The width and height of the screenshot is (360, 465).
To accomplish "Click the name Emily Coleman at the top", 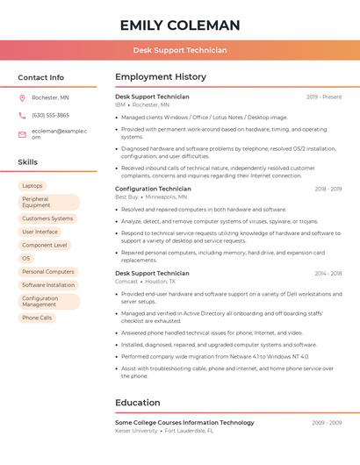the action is click(180, 25).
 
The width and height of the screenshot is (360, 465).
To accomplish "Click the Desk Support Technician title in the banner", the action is click(180, 50).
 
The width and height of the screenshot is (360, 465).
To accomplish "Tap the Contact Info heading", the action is click(41, 77).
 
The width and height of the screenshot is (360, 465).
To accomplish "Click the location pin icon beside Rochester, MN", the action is click(22, 97).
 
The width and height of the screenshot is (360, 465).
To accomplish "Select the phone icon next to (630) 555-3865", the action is click(22, 115).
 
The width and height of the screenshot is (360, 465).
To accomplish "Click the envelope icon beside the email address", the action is click(22, 133).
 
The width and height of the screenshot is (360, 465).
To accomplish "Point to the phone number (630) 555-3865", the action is click(50, 115).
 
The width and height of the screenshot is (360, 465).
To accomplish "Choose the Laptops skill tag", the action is click(32, 186).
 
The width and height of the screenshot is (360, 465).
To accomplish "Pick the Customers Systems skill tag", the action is click(47, 218).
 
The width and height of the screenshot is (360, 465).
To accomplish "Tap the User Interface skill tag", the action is click(40, 232).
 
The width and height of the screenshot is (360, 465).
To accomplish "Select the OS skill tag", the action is click(26, 259).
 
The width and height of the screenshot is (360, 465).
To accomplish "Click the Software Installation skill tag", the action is click(48, 285).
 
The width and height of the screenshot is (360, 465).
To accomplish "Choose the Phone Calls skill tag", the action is click(37, 318).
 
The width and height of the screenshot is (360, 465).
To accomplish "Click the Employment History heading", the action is click(161, 77).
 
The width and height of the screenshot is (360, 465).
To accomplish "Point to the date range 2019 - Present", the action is click(324, 97).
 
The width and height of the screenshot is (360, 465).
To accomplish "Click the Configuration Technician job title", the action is click(153, 189).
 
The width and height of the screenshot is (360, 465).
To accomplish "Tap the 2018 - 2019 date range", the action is click(328, 189).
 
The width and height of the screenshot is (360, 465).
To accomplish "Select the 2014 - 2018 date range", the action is click(328, 273).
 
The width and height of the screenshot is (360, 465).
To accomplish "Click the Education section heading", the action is click(138, 403).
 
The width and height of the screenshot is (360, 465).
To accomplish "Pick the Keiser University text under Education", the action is click(136, 431).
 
